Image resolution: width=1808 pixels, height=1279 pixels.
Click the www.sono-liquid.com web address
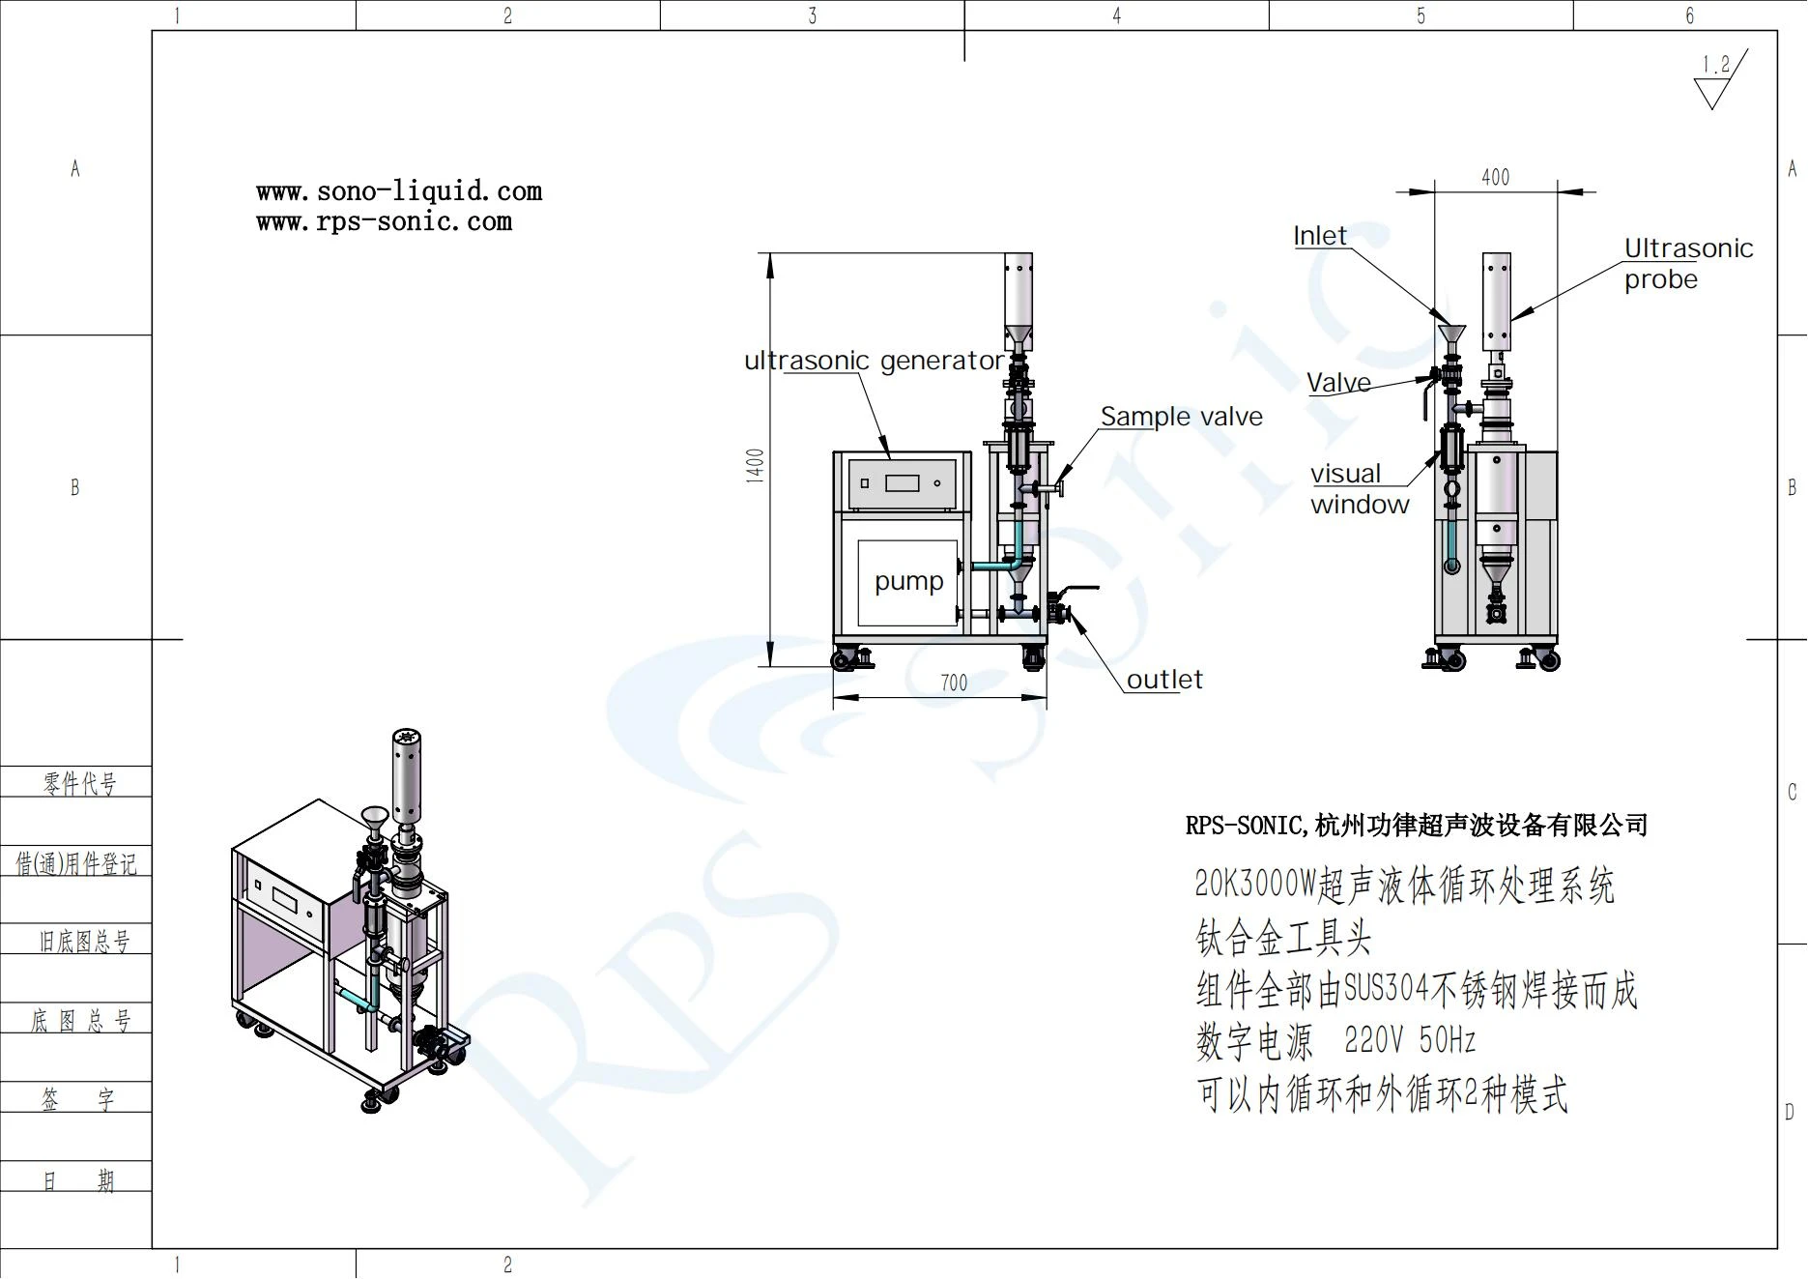(x=399, y=191)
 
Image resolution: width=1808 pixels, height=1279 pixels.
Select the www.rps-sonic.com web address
(x=384, y=221)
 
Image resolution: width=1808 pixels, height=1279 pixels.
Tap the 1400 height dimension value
(x=755, y=465)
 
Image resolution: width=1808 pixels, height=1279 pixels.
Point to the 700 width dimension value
(x=954, y=683)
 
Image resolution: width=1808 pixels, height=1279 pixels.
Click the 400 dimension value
(x=1495, y=177)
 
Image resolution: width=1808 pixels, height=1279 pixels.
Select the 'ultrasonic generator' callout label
(x=874, y=361)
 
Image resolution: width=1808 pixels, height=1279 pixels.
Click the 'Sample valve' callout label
(x=1182, y=417)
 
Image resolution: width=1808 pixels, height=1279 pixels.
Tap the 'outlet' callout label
(x=1164, y=680)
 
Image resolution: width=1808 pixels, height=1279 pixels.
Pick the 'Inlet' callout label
(x=1320, y=236)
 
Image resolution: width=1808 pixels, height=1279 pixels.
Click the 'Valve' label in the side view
(x=1338, y=383)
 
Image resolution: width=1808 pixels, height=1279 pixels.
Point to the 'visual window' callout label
(x=1360, y=489)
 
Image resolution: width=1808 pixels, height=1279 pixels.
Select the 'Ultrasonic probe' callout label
(x=1688, y=264)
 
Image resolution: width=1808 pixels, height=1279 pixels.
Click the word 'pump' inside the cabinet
(x=908, y=581)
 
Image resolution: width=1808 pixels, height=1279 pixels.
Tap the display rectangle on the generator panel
(x=903, y=482)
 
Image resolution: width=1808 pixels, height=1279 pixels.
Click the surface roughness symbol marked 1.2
(x=1719, y=80)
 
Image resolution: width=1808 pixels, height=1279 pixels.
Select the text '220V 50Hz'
(x=1410, y=1040)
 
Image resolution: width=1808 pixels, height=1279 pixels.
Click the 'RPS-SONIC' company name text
(x=1245, y=826)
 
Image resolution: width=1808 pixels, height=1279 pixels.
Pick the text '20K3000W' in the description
(x=1255, y=884)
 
